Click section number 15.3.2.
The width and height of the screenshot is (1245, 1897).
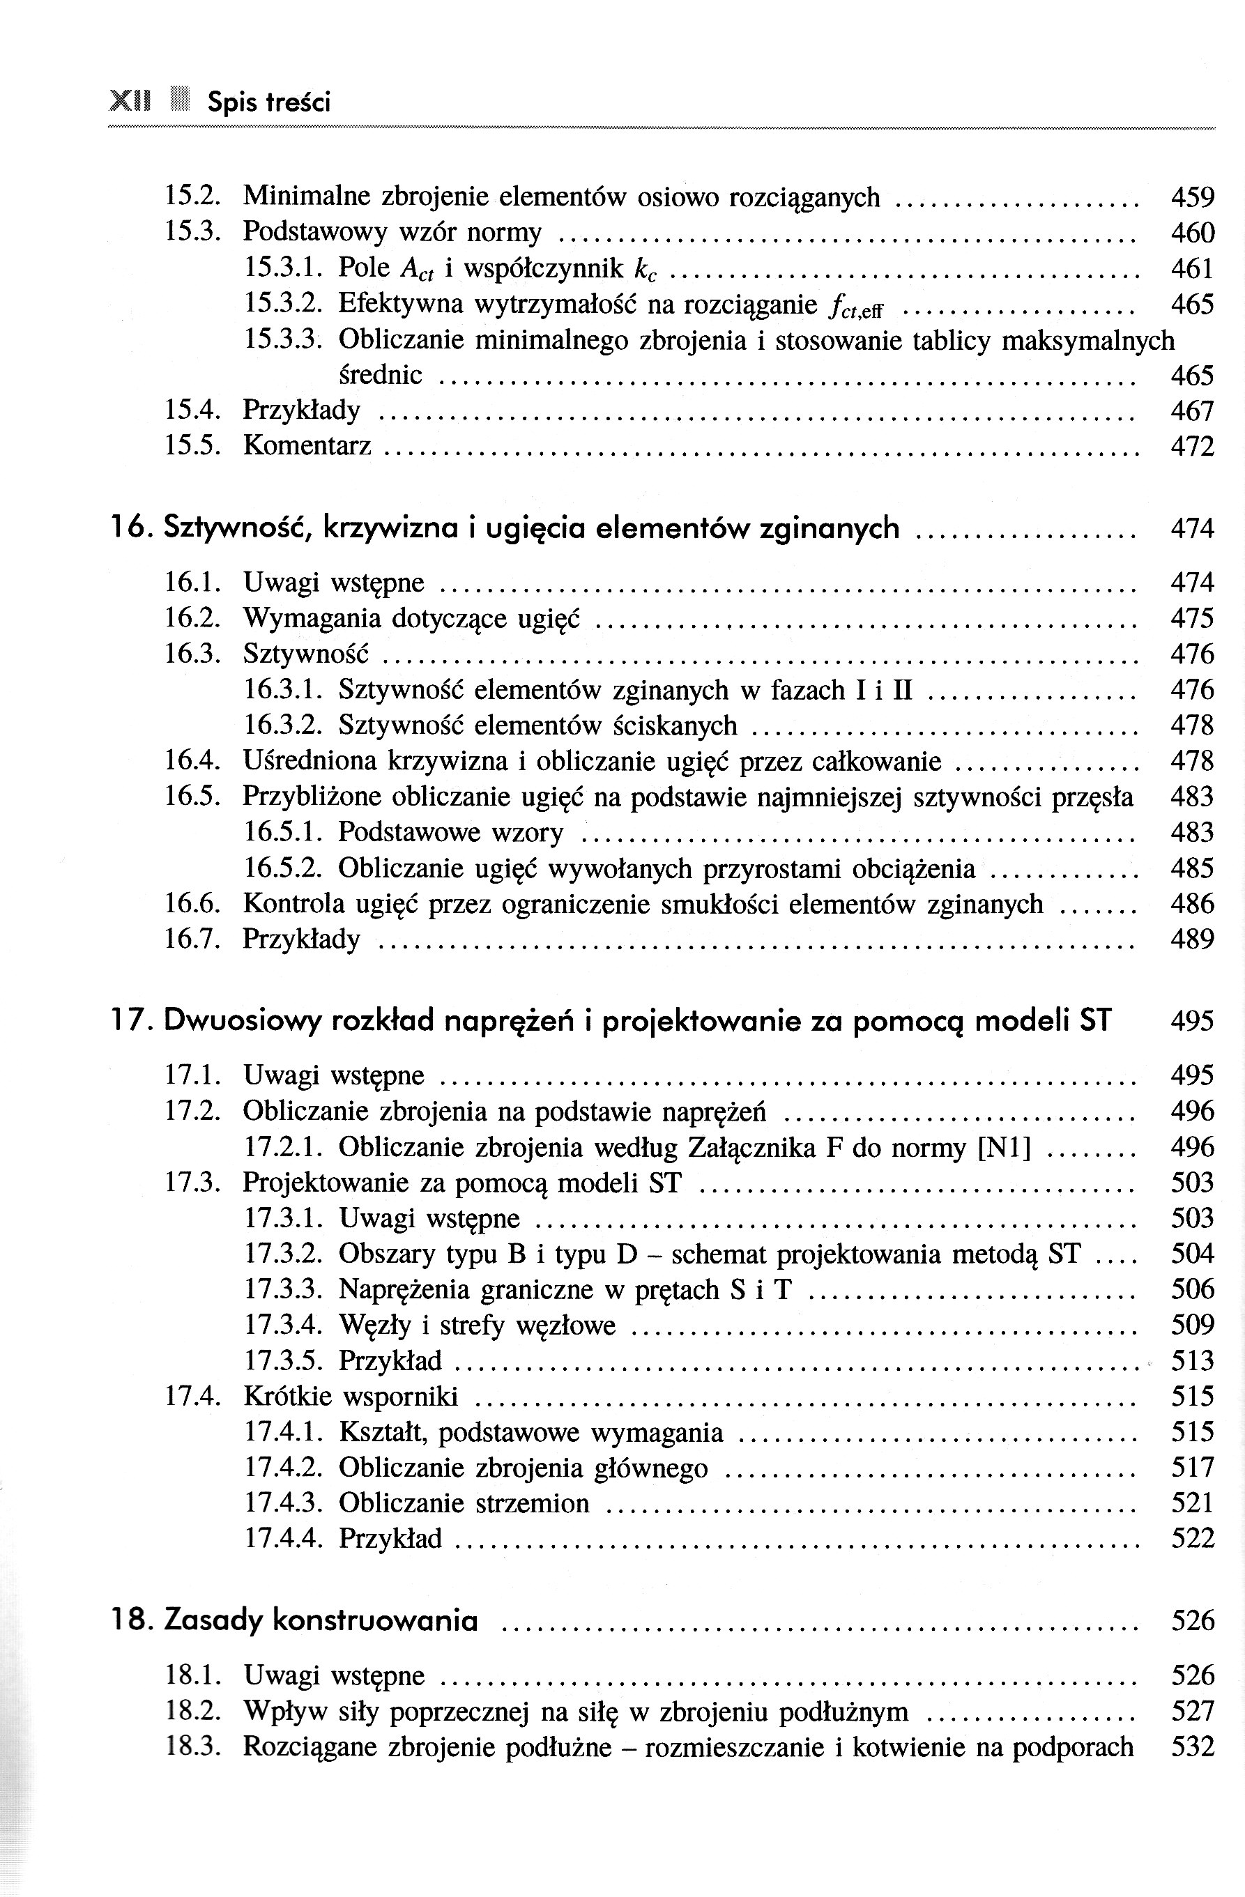tap(282, 304)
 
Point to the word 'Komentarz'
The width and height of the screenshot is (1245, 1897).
tap(307, 445)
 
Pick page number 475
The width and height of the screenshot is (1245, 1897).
tap(1191, 619)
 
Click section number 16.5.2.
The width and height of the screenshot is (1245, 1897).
tap(282, 868)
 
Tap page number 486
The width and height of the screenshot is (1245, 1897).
tap(1191, 904)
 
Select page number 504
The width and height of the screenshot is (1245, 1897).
tap(1191, 1254)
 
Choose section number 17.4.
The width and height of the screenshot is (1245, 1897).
tap(191, 1397)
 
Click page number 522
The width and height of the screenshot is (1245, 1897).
tap(1191, 1538)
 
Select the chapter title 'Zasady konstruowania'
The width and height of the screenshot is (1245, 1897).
tap(321, 1620)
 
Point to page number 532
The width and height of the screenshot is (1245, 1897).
tap(1191, 1746)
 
